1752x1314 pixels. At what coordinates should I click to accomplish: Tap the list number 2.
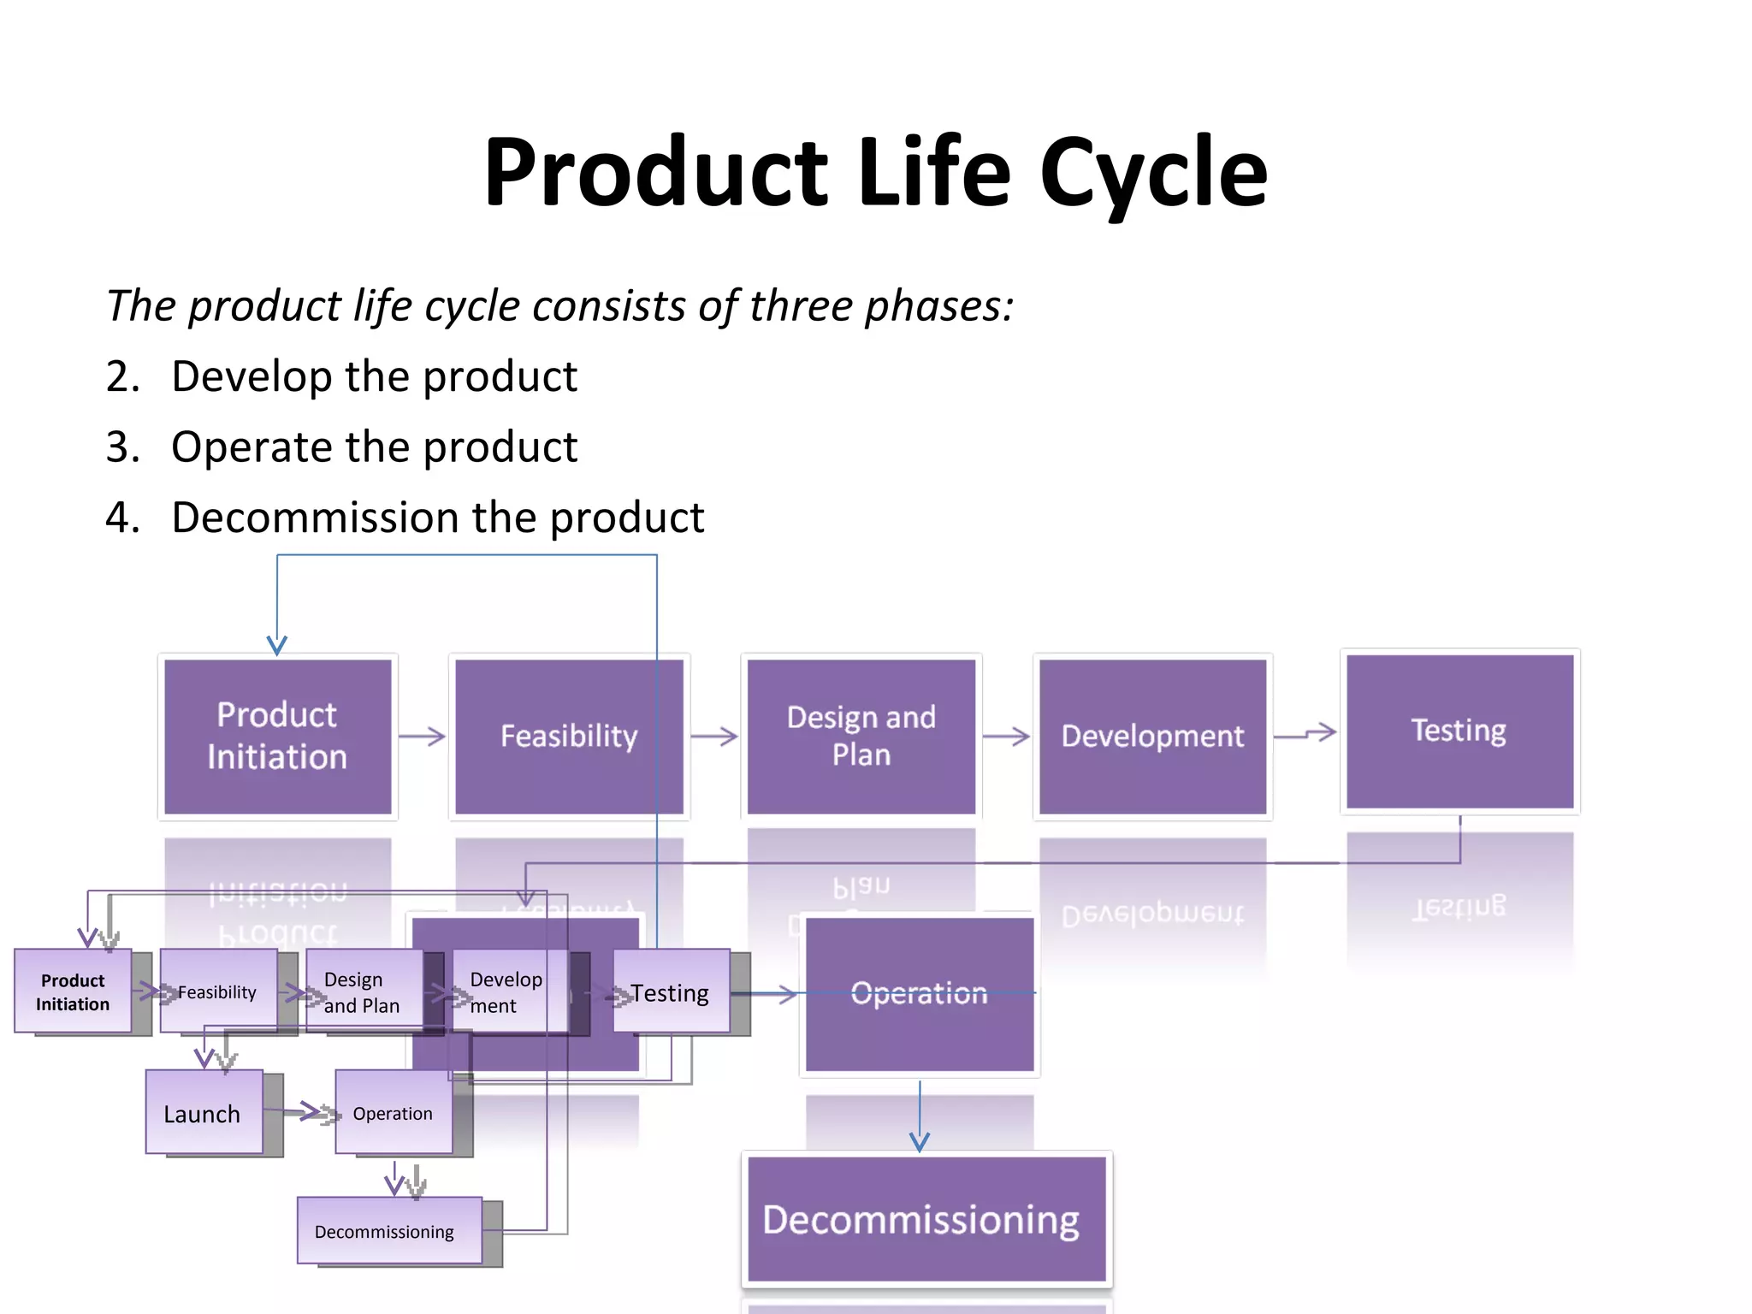pos(122,376)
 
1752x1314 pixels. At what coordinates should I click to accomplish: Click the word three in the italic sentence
pos(801,306)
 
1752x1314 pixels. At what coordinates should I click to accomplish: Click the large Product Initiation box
pos(277,736)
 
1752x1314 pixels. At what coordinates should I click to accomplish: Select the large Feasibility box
pos(569,736)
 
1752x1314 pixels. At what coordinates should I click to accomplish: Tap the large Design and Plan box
pos(861,736)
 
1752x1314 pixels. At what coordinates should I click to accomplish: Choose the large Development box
pos(1152,736)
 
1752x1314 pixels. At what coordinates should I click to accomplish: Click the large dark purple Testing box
pos(1459,731)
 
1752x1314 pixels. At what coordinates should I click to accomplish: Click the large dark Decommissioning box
pos(926,1219)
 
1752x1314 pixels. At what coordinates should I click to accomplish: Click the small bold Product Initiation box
pos(73,991)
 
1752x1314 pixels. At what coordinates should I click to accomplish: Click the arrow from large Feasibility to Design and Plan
pos(714,737)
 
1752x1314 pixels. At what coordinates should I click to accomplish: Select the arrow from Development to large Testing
pos(1305,734)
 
